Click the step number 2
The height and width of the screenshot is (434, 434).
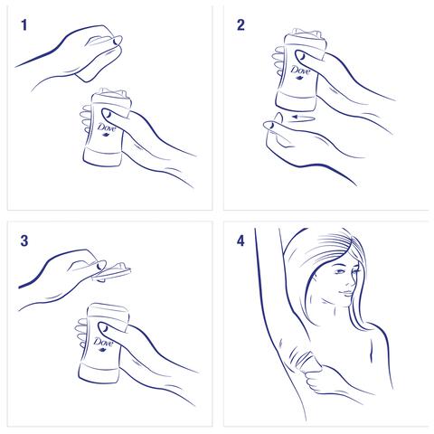click(241, 26)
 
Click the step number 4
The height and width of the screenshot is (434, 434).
click(241, 241)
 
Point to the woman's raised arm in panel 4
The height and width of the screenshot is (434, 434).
click(271, 289)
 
